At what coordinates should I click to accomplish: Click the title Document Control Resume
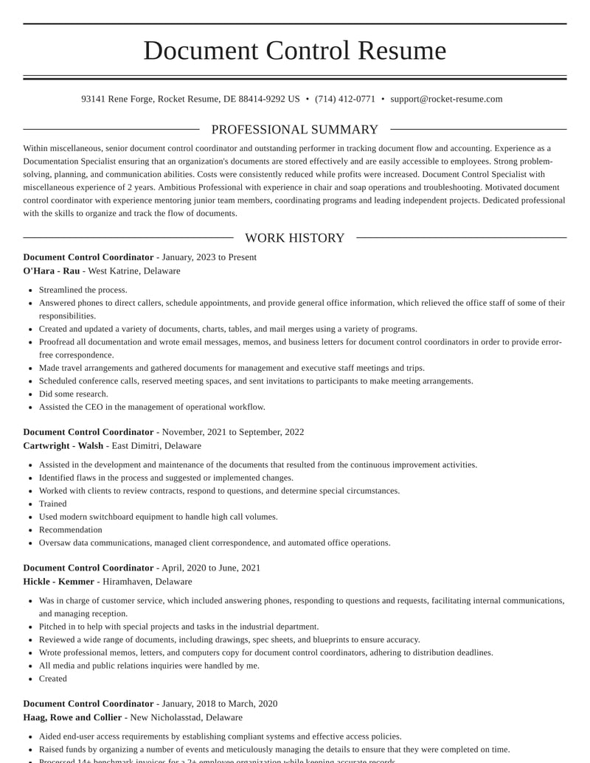pos(294,51)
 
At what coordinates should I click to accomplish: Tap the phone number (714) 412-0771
pos(344,99)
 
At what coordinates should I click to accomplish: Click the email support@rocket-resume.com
pos(446,99)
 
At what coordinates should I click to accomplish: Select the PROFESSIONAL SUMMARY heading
pos(294,130)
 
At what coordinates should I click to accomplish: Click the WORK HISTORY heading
pos(294,238)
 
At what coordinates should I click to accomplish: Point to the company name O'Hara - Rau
pos(52,271)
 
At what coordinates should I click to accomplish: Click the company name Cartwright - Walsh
pos(63,446)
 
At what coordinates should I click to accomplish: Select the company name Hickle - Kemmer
pos(59,582)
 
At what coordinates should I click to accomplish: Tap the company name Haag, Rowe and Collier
pos(73,717)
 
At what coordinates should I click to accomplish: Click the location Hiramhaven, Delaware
pos(147,582)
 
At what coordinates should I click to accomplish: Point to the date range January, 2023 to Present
pos(209,257)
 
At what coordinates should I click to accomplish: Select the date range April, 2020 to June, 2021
pos(211,568)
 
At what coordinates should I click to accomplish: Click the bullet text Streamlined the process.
pos(83,290)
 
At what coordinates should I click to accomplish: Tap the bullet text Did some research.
pos(74,394)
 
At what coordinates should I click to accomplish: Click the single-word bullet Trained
pos(53,504)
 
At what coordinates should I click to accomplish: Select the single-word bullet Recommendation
pos(71,530)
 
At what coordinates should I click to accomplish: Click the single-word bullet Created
pos(53,679)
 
